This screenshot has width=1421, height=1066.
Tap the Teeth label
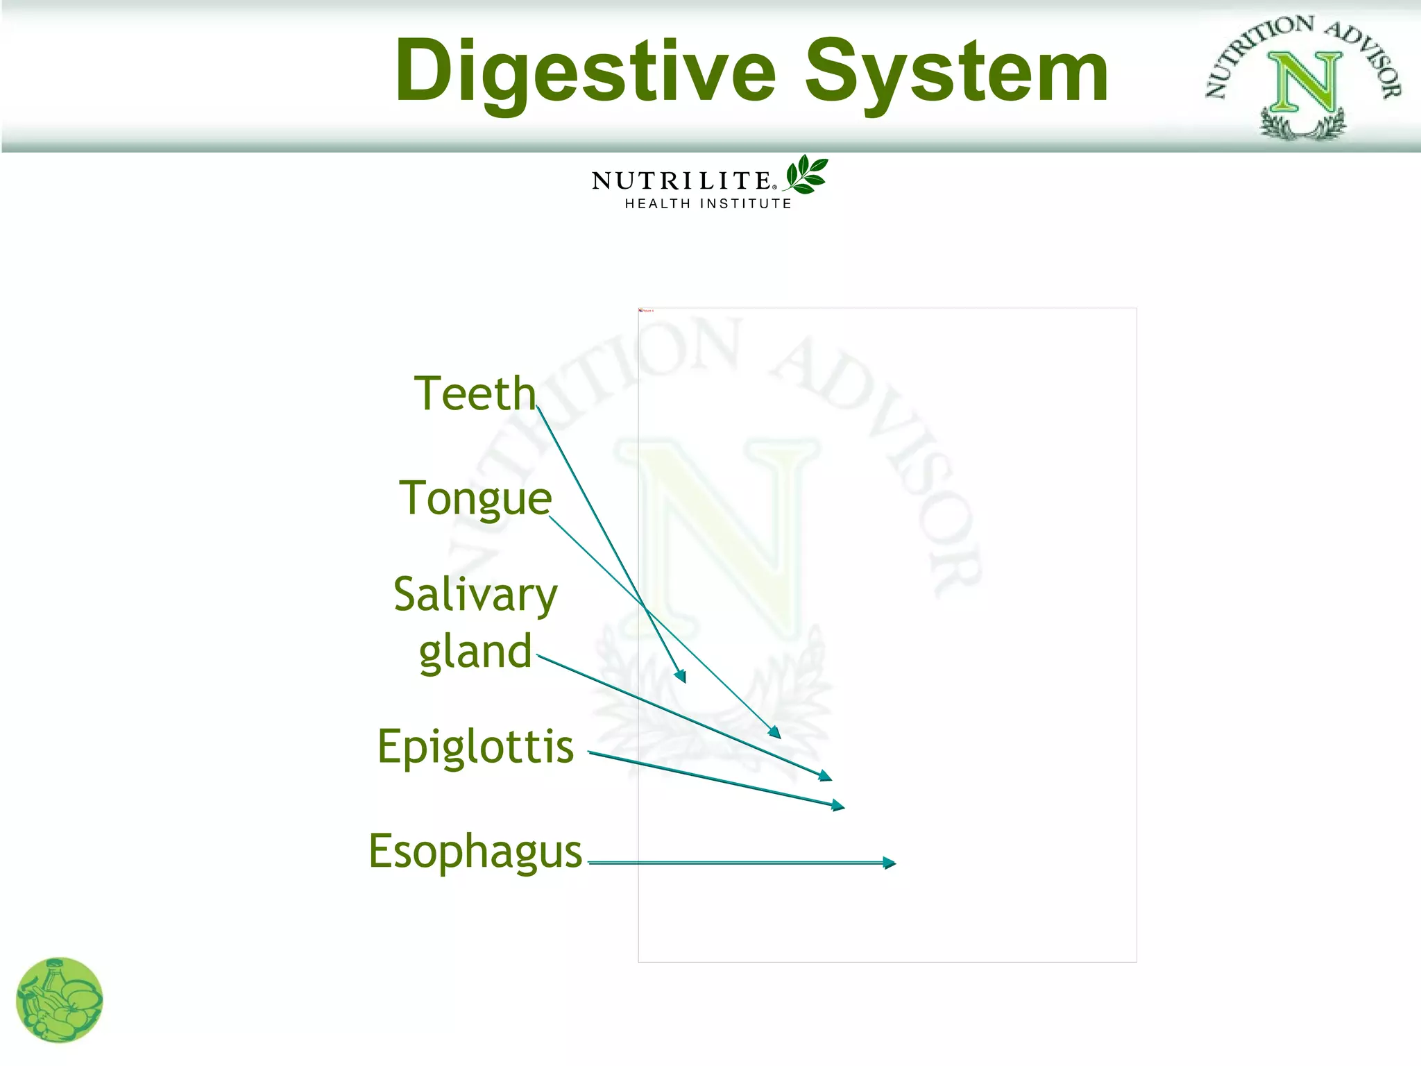pos(475,394)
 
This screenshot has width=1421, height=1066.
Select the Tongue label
pos(475,499)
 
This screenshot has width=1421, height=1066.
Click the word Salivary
pos(475,595)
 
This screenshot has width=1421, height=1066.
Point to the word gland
pos(475,652)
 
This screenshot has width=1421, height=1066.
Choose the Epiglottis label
pos(475,747)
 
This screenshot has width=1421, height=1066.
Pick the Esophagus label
pos(475,852)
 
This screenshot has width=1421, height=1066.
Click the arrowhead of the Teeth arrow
pos(681,676)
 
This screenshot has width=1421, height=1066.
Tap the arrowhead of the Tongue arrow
pos(775,732)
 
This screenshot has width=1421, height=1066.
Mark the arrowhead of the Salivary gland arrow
pos(825,777)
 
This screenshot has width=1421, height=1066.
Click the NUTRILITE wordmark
pos(681,181)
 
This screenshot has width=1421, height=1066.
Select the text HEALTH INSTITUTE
pos(708,204)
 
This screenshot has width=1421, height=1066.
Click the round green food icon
pos(60,1000)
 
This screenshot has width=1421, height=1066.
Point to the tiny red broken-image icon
pos(641,311)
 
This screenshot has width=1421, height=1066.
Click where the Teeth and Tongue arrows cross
pos(645,607)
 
